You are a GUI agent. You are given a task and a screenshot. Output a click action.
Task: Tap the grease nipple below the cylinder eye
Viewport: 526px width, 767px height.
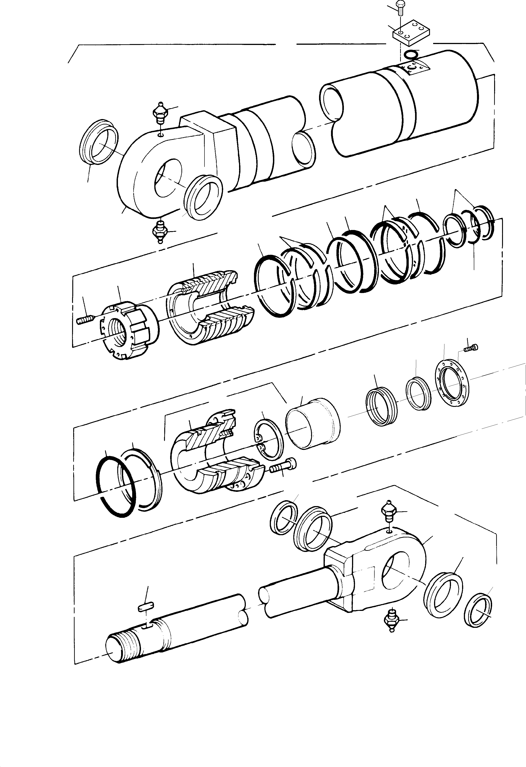160,231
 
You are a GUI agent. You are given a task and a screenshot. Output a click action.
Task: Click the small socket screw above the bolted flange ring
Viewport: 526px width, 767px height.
471,347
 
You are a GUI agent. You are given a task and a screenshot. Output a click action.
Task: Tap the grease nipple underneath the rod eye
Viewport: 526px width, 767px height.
392,620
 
